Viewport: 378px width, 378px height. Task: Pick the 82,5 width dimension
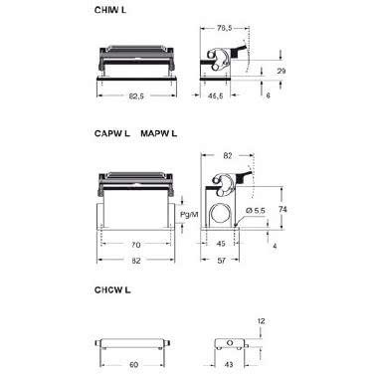click(137, 95)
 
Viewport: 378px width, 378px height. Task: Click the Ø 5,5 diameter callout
click(254, 212)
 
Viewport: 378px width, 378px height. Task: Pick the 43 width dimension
click(231, 364)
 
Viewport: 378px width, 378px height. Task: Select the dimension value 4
click(276, 244)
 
